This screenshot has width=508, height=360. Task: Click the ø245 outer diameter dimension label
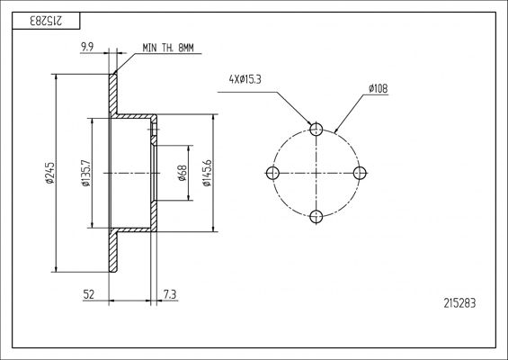coord(49,173)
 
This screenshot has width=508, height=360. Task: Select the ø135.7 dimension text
coord(86,173)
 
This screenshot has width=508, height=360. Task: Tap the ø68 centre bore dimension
coord(183,173)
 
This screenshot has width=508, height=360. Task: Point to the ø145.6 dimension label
coord(207,173)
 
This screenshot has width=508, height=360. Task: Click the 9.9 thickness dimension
coord(87,48)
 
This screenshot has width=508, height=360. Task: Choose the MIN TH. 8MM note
coord(168,48)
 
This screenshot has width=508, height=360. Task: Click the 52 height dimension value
coord(89,294)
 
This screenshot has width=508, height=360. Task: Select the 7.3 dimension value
coord(170,294)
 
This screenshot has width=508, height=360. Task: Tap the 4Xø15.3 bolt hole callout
coord(245,79)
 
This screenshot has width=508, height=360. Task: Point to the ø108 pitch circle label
coord(379,88)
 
